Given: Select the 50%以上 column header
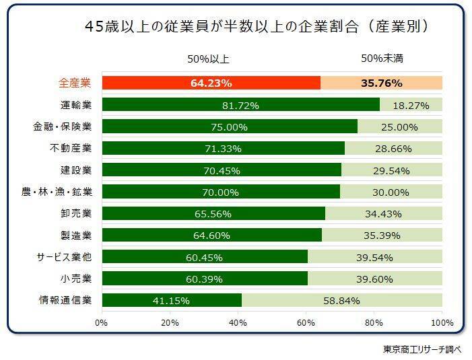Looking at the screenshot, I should click(208, 59).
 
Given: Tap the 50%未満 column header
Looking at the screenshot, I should click(382, 59).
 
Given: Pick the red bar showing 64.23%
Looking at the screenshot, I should click(211, 83).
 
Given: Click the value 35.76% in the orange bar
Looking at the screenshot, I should click(382, 83).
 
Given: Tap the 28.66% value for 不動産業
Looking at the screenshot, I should click(393, 148).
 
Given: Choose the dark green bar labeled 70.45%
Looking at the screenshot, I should click(222, 170).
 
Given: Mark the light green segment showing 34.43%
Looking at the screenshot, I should click(383, 214).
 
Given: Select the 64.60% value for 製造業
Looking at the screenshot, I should click(211, 236).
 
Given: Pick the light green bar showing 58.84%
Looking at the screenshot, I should click(341, 300).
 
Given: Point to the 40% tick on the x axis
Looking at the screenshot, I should click(238, 322).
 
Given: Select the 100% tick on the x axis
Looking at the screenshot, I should click(441, 322).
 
